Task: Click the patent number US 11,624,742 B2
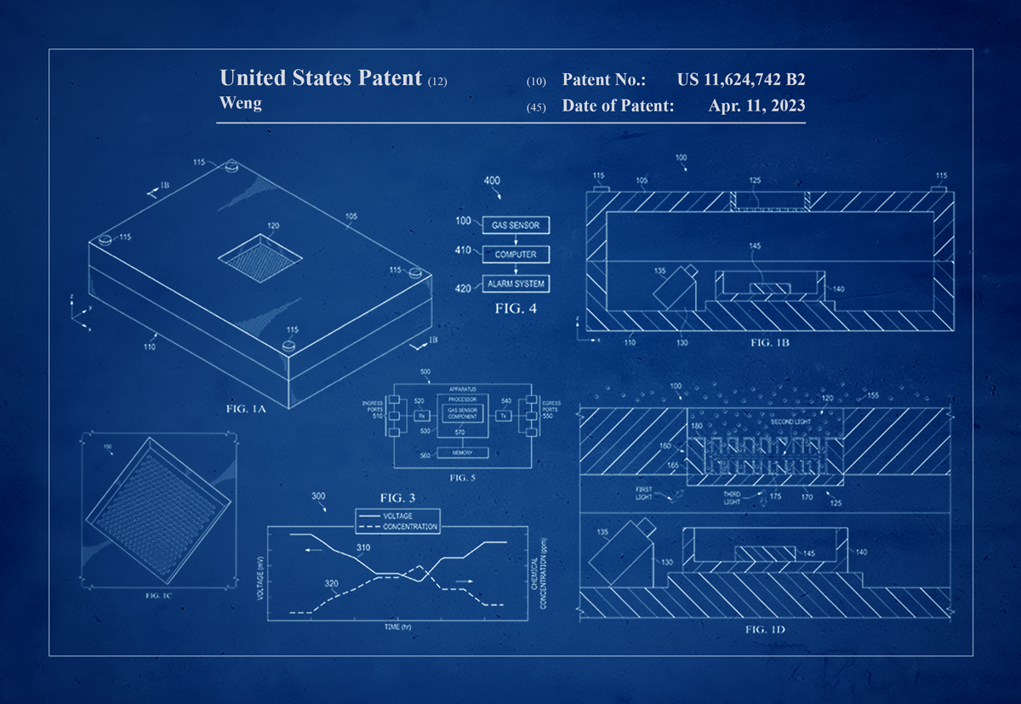click(741, 80)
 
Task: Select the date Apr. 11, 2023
click(756, 106)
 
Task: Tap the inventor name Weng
click(241, 103)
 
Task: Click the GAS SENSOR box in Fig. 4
click(516, 226)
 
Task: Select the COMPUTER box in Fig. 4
click(516, 255)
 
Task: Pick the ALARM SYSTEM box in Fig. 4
click(516, 283)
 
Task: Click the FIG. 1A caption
click(247, 409)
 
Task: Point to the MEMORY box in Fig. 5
click(462, 452)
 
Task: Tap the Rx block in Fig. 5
click(421, 416)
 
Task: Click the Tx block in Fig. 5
click(504, 416)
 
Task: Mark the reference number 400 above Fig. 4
click(492, 180)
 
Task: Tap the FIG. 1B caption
click(771, 342)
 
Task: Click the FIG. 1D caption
click(764, 629)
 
